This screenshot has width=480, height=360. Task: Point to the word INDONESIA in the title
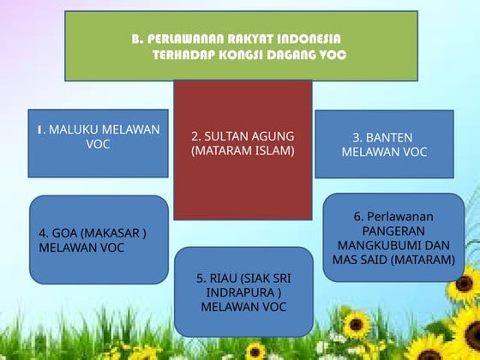308,39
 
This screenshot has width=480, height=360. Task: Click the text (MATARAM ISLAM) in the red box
243,151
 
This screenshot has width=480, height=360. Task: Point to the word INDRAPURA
243,292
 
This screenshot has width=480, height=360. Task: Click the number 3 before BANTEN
357,137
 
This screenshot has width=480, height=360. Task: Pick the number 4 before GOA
44,233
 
